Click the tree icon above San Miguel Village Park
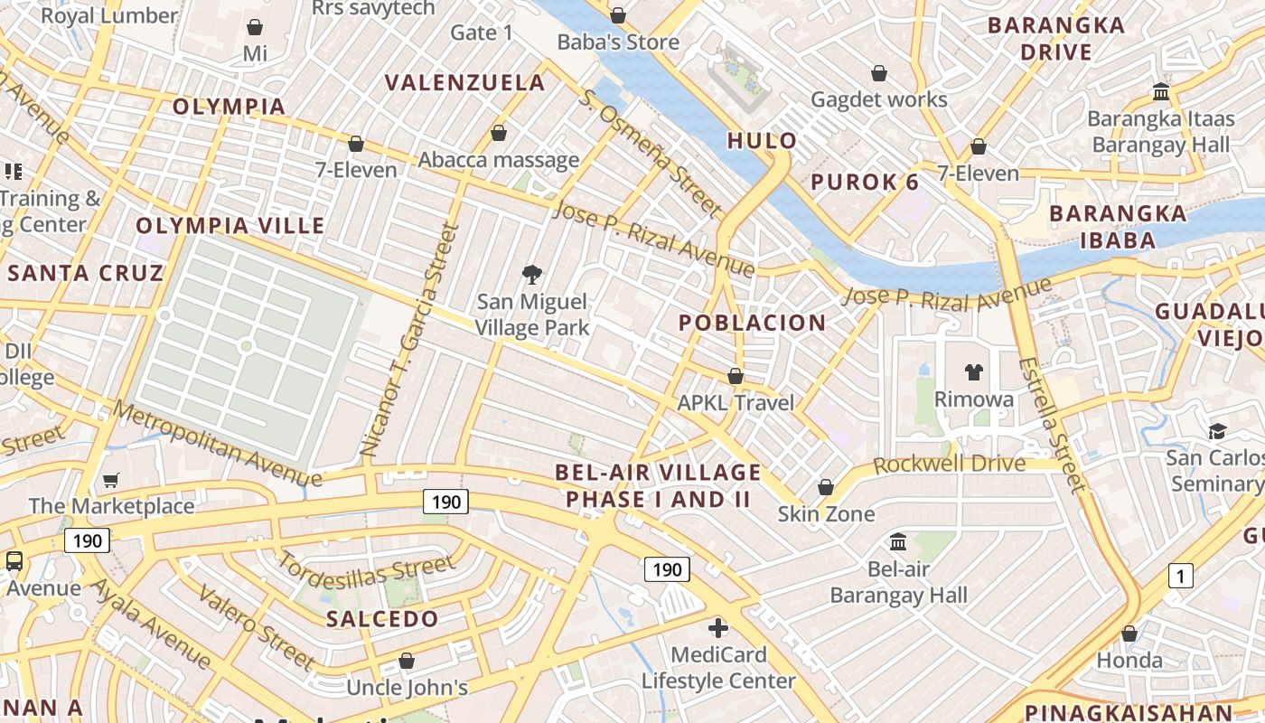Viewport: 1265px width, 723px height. (532, 275)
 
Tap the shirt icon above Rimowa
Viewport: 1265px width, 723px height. (973, 371)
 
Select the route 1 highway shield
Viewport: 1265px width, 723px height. (1180, 576)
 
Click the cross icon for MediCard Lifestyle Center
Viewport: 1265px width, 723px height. (718, 627)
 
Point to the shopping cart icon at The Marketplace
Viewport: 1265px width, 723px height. (111, 480)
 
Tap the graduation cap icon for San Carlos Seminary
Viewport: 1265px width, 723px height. (1217, 431)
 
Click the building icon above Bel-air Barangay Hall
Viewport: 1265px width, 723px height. (898, 542)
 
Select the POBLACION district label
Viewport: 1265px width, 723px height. (752, 323)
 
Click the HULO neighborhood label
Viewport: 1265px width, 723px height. (762, 140)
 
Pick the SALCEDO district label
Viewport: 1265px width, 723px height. (382, 619)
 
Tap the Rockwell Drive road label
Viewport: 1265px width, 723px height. (950, 465)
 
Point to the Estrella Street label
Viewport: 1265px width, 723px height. (1052, 425)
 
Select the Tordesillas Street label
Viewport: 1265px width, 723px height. (366, 569)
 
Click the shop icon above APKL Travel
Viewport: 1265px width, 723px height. (736, 376)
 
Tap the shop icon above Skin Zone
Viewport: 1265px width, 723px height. (825, 488)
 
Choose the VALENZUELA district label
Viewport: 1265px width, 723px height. (464, 82)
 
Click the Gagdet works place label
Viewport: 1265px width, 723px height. (878, 99)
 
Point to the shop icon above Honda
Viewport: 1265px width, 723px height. (1129, 634)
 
